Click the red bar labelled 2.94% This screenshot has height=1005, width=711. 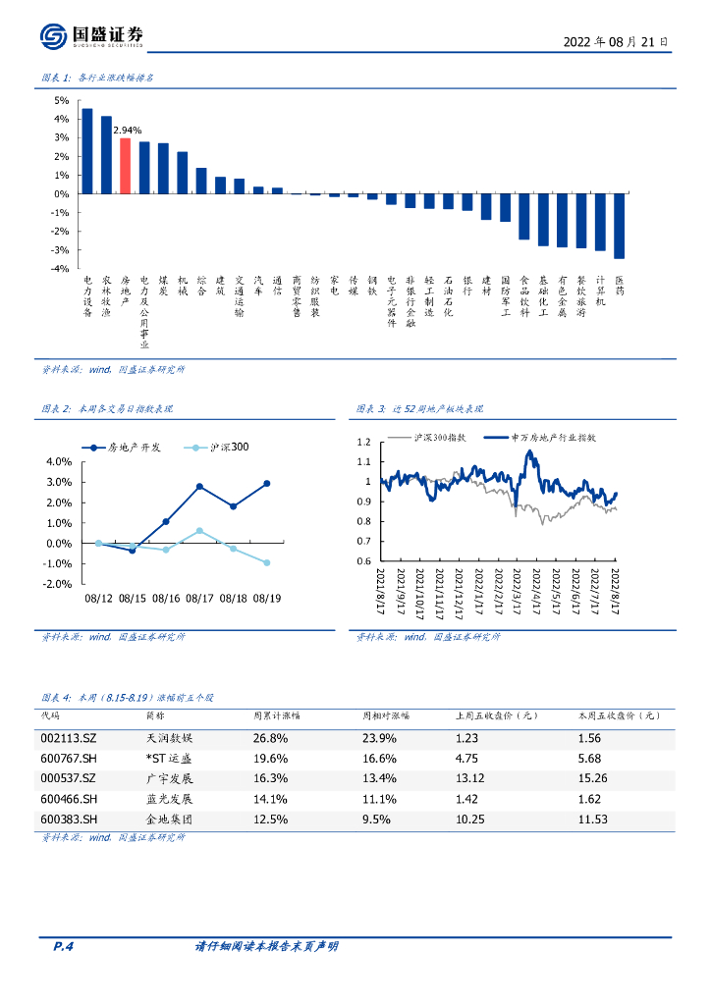(x=125, y=166)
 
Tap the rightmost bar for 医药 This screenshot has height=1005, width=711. (x=619, y=226)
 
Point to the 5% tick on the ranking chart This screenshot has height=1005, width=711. (x=61, y=100)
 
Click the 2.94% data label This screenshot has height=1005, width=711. (x=128, y=130)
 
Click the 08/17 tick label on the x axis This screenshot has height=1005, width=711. (x=199, y=597)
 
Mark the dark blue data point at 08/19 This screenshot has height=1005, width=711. (x=266, y=484)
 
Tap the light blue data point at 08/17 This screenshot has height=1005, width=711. (x=199, y=531)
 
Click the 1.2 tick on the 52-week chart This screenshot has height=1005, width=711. (x=364, y=442)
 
